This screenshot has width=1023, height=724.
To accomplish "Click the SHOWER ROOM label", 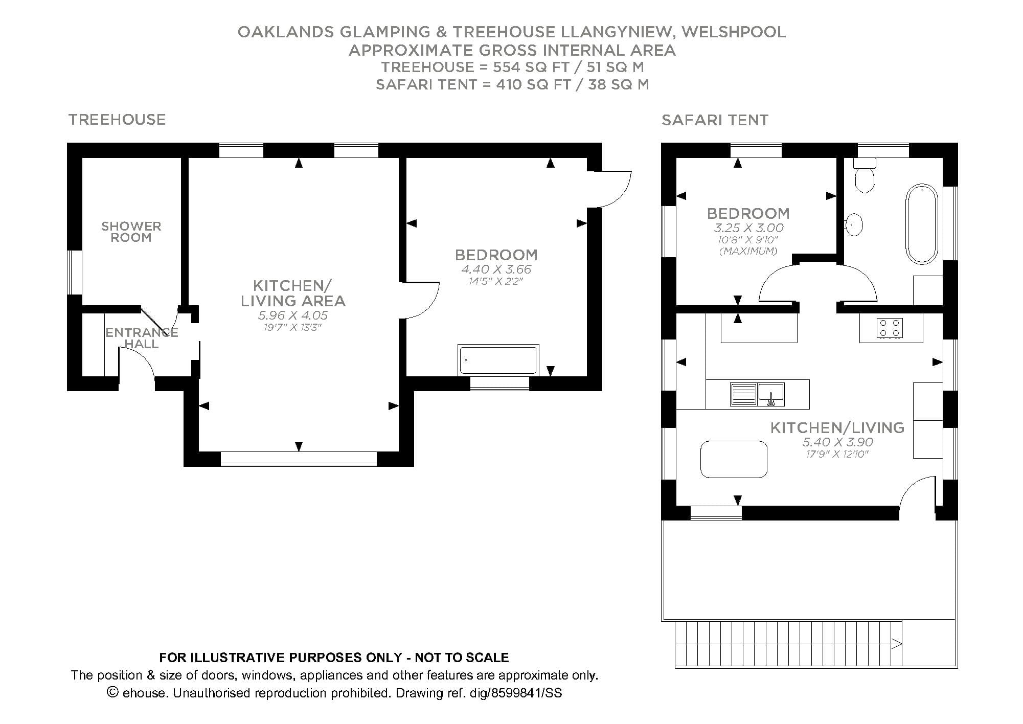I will tap(131, 232).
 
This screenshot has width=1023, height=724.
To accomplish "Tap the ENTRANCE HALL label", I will tap(142, 338).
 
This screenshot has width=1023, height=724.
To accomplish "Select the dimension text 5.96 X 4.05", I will tap(293, 315).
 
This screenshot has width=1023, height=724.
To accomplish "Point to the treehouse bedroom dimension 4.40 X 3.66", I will tap(496, 269).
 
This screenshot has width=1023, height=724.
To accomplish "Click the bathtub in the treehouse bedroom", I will tap(498, 360).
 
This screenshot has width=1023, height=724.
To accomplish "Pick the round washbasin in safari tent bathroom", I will tap(854, 224).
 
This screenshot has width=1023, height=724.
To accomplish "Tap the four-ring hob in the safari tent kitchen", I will tap(889, 328).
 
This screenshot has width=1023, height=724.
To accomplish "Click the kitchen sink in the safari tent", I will tap(757, 395).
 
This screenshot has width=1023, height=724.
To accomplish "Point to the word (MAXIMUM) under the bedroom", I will tap(748, 251).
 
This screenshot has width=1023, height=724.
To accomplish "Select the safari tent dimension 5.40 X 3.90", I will tap(837, 442).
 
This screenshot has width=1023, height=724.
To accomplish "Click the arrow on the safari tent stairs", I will tap(896, 644).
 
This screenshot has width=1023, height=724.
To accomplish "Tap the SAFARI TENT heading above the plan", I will tap(715, 120).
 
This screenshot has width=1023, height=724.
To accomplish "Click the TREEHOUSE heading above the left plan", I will tap(117, 120).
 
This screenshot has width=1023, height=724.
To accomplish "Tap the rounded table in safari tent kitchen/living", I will tap(734, 459).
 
